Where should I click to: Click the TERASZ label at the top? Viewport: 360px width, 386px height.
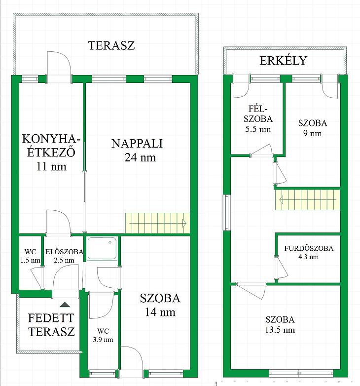pyautogui.click(x=111, y=45)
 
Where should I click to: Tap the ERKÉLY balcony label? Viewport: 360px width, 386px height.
pyautogui.click(x=283, y=61)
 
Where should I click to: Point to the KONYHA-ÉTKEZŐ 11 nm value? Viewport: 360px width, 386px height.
pyautogui.click(x=51, y=167)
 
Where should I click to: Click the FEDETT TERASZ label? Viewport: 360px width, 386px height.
pyautogui.click(x=51, y=325)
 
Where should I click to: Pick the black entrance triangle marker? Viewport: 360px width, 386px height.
pyautogui.click(x=65, y=305)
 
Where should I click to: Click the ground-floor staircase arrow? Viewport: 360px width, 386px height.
pyautogui.click(x=158, y=224)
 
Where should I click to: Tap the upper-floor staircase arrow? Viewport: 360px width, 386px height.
pyautogui.click(x=308, y=199)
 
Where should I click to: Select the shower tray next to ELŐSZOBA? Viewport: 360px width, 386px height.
pyautogui.click(x=102, y=248)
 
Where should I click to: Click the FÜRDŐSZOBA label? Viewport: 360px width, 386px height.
pyautogui.click(x=309, y=248)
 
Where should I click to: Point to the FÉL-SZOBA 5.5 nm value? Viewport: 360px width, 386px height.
pyautogui.click(x=258, y=129)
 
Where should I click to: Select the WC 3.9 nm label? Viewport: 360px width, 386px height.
pyautogui.click(x=103, y=335)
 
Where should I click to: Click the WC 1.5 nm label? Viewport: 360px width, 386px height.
pyautogui.click(x=30, y=256)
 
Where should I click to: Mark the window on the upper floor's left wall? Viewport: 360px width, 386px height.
pyautogui.click(x=226, y=212)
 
